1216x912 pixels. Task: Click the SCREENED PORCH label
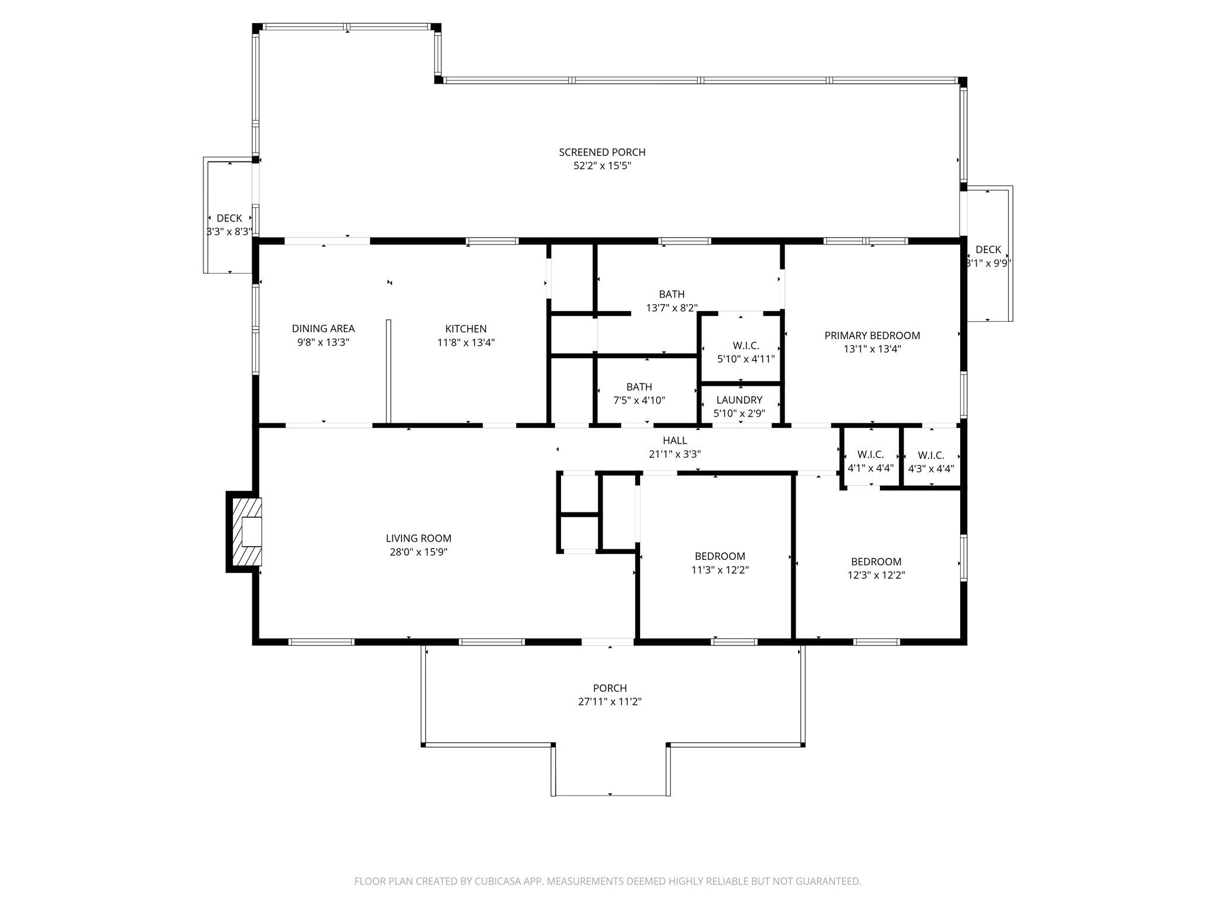(x=601, y=153)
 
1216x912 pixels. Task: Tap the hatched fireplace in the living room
(x=246, y=531)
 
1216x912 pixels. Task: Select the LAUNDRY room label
(x=739, y=400)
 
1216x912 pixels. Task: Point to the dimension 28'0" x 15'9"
(x=418, y=552)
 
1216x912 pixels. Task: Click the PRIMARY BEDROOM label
(x=872, y=335)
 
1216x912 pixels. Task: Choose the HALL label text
(x=674, y=441)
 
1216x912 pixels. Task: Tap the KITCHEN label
(x=465, y=329)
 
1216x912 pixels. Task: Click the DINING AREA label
(x=323, y=329)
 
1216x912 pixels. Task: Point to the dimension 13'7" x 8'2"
(x=672, y=308)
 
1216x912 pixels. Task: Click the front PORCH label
(x=610, y=688)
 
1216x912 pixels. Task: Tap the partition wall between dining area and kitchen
(x=388, y=371)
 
